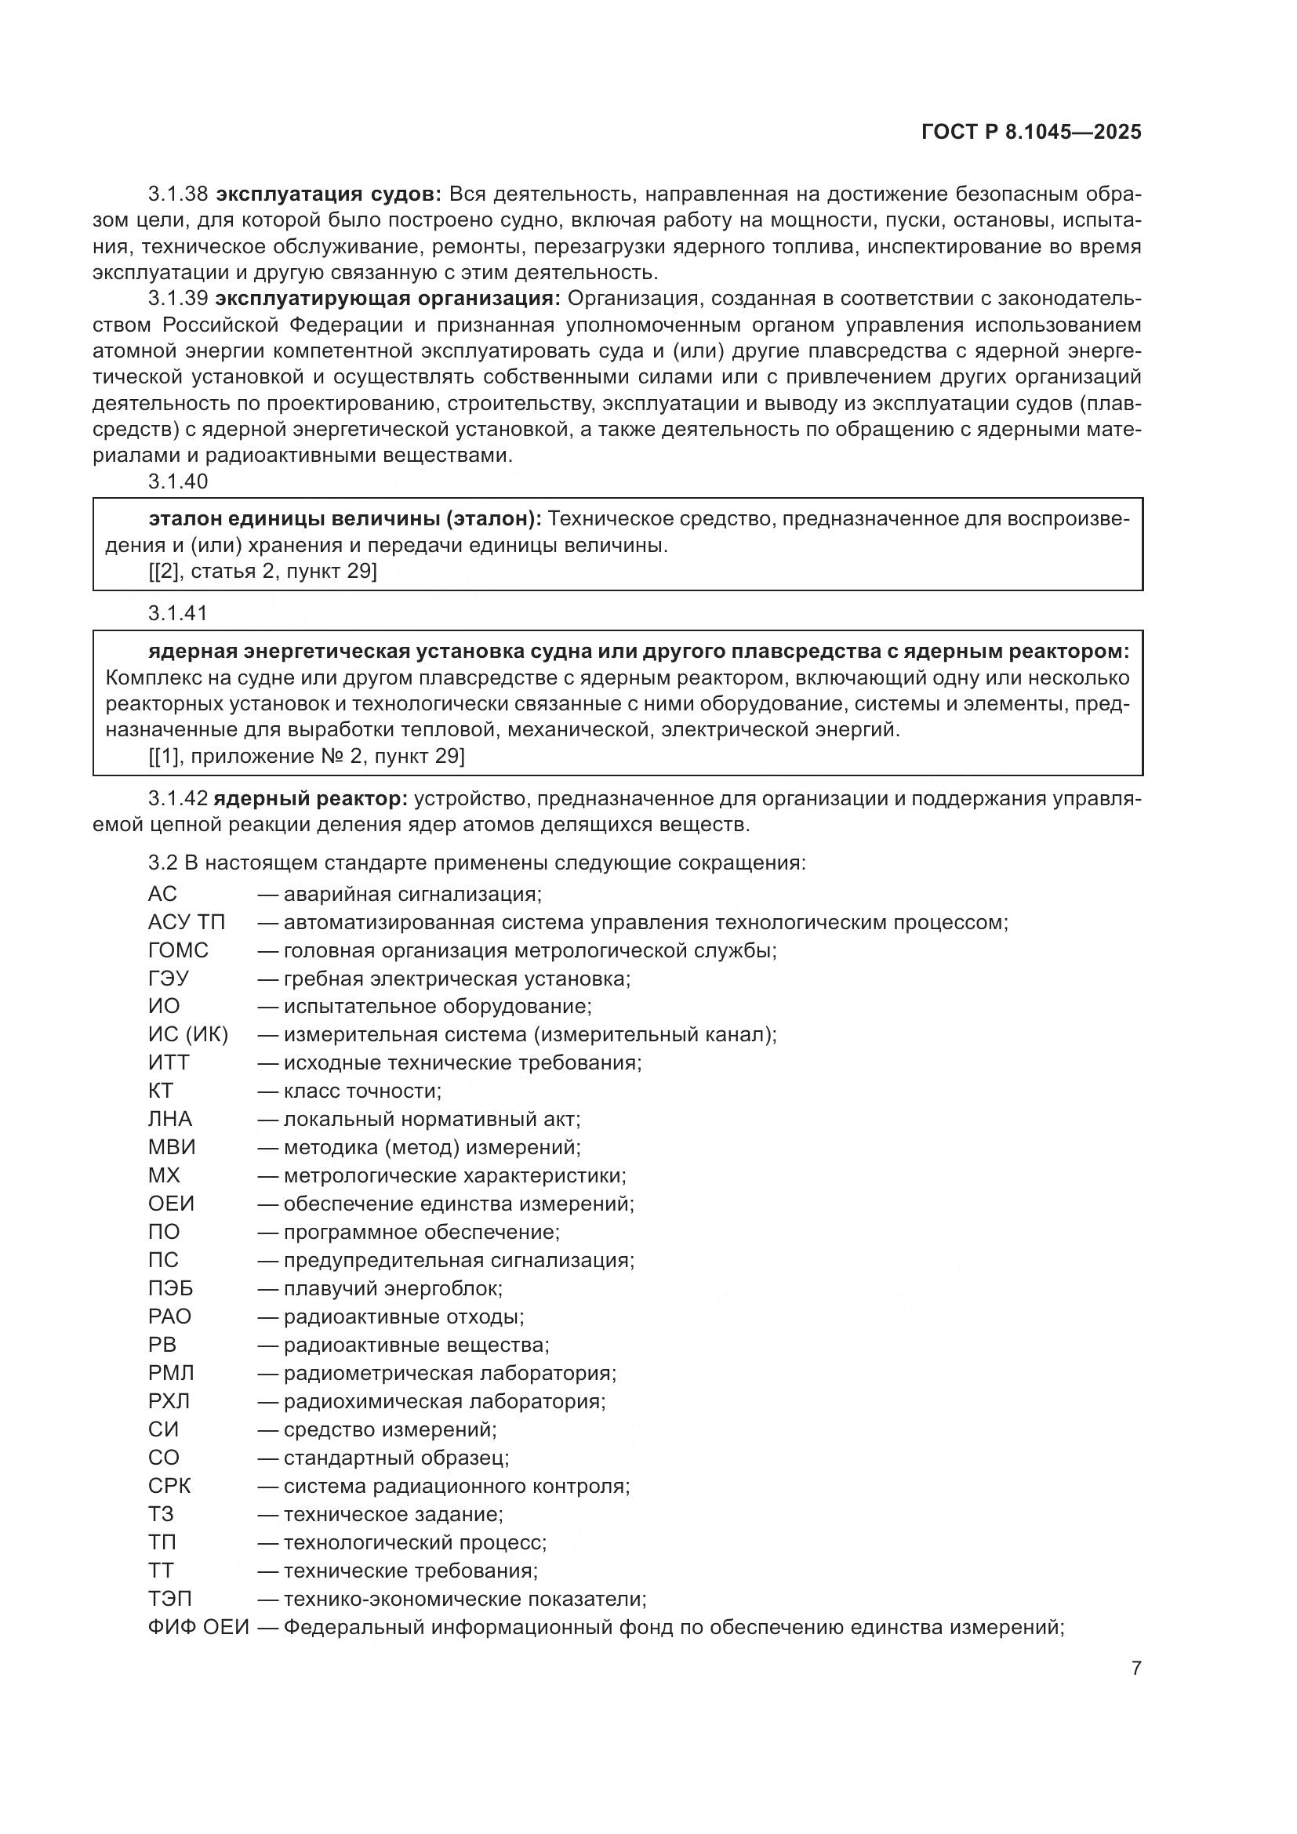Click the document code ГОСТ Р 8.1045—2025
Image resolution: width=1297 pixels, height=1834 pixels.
pos(1031,133)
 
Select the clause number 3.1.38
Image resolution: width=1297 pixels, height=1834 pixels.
pos(177,194)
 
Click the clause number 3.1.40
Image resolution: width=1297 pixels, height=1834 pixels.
pos(177,481)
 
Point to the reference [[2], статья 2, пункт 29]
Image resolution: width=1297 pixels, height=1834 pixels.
pos(263,571)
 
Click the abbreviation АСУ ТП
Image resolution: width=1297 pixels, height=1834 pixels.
pos(186,923)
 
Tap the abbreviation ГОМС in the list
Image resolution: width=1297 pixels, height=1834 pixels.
pos(178,950)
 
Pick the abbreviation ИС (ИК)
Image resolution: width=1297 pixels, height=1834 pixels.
pos(187,1035)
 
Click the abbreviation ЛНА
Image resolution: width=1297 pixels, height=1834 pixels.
pos(170,1119)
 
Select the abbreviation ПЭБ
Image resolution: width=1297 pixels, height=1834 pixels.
pos(170,1288)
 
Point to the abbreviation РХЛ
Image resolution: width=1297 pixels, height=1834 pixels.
pos(169,1401)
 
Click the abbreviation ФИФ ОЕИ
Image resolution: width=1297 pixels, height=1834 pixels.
pos(198,1627)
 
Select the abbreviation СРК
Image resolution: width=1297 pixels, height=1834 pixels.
pos(169,1486)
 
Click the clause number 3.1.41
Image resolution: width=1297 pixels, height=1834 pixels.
pos(177,613)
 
